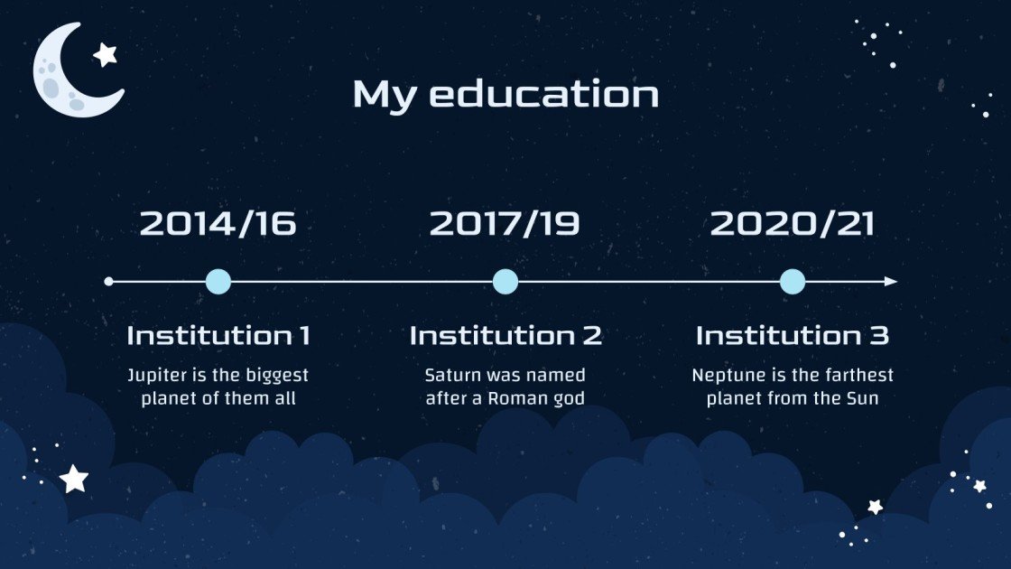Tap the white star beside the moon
106,54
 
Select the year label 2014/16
218,224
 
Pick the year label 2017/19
505,224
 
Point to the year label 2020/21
793,224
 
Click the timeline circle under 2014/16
218,282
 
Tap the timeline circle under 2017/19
505,282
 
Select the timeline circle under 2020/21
792,282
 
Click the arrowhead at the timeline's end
891,282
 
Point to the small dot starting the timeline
109,282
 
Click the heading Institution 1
218,336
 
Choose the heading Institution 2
505,336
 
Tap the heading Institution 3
792,336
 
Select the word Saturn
452,375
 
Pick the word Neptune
726,375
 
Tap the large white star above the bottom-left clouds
74,479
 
